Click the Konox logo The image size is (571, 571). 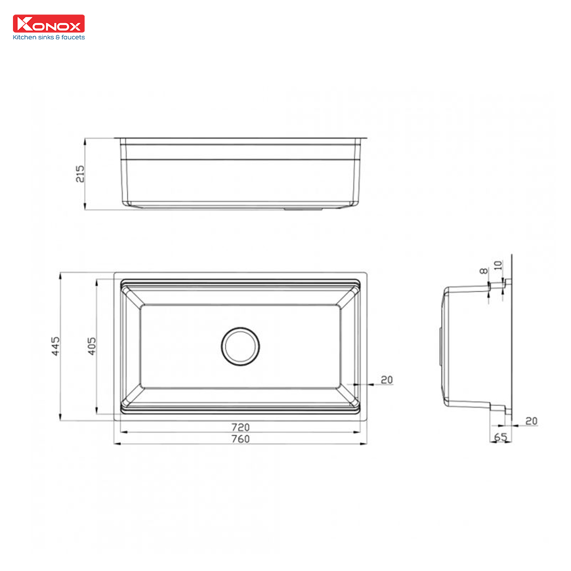pyautogui.click(x=49, y=24)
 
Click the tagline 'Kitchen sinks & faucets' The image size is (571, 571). pyautogui.click(x=49, y=37)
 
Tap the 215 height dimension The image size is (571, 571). pyautogui.click(x=80, y=174)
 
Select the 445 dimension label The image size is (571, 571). pyautogui.click(x=56, y=346)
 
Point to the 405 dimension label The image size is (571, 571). pyautogui.click(x=92, y=346)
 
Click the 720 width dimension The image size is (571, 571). pyautogui.click(x=240, y=427)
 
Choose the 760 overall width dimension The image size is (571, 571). pyautogui.click(x=240, y=439)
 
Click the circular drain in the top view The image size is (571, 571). pyautogui.click(x=240, y=346)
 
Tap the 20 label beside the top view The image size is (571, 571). pyautogui.click(x=387, y=380)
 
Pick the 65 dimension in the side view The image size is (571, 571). pyautogui.click(x=501, y=437)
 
